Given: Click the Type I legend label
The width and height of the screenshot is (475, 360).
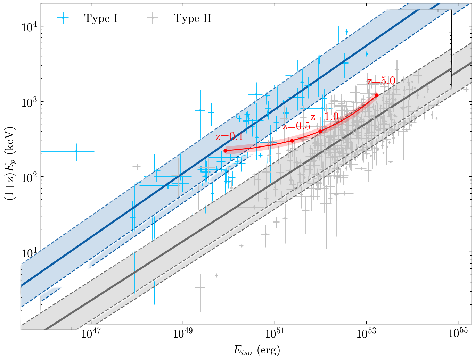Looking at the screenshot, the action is point(101,18).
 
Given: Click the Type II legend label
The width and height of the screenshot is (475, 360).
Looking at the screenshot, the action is point(193,18).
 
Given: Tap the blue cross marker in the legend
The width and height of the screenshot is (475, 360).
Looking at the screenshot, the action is point(63,18).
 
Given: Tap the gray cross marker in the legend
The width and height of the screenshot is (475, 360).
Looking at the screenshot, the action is point(153,18).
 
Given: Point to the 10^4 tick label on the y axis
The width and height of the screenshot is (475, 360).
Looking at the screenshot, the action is point(29,27).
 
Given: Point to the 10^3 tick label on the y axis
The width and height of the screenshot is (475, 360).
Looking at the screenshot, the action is point(29,102).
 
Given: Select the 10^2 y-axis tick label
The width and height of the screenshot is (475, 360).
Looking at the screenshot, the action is point(29,178).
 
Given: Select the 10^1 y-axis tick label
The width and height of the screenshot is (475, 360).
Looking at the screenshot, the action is point(29,253).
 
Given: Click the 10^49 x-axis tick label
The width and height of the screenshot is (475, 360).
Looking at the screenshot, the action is point(183,333).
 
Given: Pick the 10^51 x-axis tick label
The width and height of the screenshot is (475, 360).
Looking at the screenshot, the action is point(275,333).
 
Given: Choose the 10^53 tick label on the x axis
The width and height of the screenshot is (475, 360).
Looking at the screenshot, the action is point(366,333).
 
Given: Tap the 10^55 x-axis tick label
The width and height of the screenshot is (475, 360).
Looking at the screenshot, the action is point(458,333).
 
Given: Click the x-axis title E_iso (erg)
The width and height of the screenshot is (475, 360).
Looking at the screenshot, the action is point(256,350).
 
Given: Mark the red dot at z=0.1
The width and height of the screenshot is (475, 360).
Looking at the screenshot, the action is point(225,151).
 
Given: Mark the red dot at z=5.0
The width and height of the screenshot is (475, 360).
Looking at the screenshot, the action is point(377,95).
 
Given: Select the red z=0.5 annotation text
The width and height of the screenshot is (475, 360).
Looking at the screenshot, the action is point(296,126).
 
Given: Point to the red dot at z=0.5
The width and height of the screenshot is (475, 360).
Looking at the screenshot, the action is point(292,141).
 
